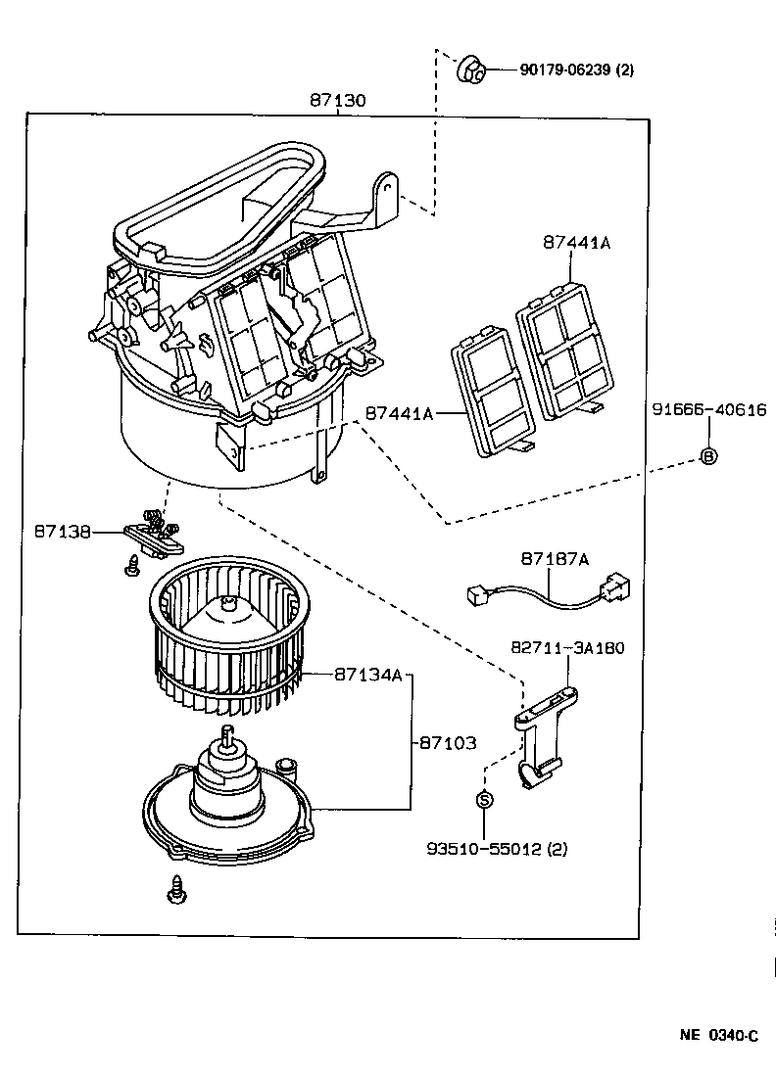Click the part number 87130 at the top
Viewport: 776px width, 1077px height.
[338, 101]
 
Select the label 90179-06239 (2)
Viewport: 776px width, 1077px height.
[563, 70]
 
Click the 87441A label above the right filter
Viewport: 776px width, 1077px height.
[577, 243]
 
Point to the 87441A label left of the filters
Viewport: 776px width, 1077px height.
[399, 414]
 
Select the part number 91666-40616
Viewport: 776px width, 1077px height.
[708, 410]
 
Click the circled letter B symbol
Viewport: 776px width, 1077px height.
[708, 455]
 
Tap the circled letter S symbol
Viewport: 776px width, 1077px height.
[484, 800]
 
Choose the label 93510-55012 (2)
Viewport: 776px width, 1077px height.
[496, 848]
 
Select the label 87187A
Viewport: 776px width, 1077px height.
[555, 558]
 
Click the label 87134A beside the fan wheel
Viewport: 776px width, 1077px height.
[368, 675]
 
